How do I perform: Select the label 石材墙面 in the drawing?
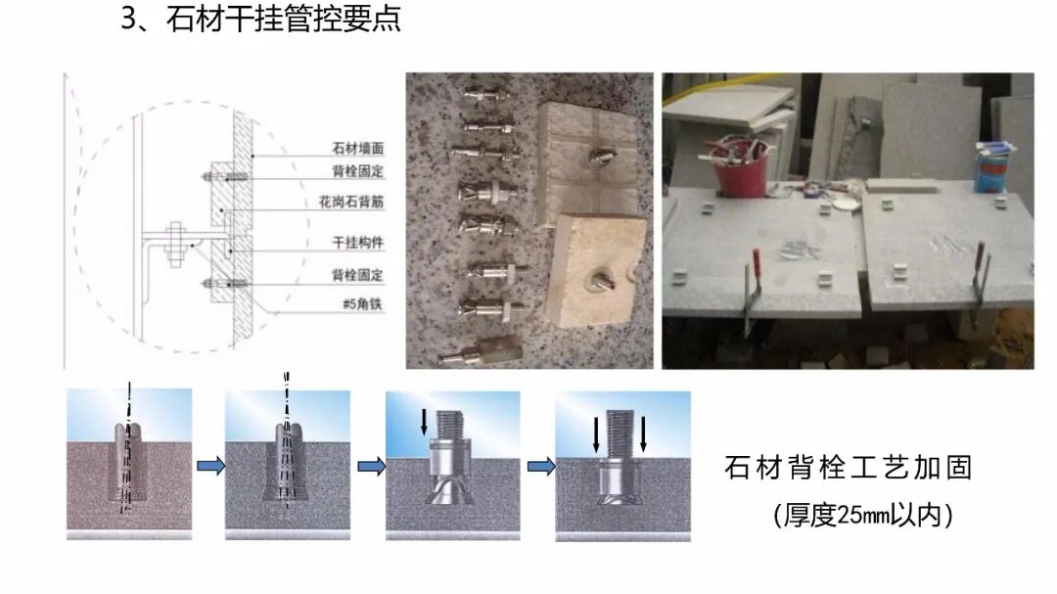(x=357, y=151)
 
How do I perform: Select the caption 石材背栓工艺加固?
(x=848, y=468)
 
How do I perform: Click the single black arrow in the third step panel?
(x=424, y=421)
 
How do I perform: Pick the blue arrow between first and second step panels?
(x=209, y=467)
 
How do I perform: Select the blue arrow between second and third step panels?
(x=370, y=467)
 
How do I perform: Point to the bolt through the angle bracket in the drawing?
(x=176, y=246)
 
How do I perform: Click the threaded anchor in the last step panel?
(x=620, y=465)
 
